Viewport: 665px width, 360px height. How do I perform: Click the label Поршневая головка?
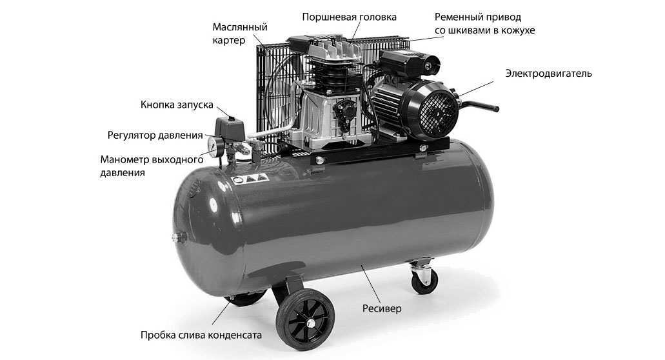(349, 17)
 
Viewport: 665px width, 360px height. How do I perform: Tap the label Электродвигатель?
(548, 74)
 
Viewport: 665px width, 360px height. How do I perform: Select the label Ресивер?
(382, 308)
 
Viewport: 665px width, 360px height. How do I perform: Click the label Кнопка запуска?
(177, 105)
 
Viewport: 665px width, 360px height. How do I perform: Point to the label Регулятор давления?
(155, 135)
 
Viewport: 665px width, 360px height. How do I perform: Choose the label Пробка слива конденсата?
(201, 335)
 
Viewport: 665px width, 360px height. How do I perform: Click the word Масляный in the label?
(240, 27)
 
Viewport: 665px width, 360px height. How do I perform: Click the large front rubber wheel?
(305, 319)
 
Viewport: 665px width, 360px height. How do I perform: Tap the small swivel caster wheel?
(424, 281)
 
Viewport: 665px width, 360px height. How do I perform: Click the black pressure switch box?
(230, 129)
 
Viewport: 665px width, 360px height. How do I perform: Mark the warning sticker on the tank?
(250, 179)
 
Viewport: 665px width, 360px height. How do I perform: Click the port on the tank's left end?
(180, 237)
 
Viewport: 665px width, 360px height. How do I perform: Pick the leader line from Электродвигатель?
(477, 88)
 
